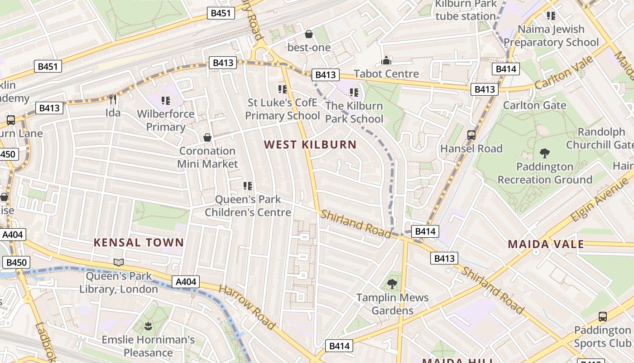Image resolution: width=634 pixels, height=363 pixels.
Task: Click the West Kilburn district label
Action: coord(310,145)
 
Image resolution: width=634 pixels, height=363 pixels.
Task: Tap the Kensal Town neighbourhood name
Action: coord(139,242)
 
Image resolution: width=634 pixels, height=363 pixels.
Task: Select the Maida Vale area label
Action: coord(546,244)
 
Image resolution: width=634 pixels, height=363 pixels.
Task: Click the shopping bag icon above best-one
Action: coord(309,34)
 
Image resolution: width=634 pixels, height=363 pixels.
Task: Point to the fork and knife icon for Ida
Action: coord(113,99)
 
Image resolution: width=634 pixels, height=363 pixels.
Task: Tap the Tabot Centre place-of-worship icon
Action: coord(386,60)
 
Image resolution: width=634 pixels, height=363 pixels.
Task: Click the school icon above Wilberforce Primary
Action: coord(165,100)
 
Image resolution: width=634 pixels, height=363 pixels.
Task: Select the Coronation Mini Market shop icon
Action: coord(207,137)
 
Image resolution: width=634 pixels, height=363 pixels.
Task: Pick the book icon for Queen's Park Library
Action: coord(119,263)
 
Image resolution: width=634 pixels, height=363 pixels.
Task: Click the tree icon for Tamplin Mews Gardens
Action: coord(392,285)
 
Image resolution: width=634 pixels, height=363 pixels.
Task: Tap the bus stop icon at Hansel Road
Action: coord(471,135)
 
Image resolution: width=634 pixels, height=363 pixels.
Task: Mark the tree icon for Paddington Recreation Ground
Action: coord(545,153)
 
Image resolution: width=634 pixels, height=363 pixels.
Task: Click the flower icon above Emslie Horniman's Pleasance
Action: coord(148,326)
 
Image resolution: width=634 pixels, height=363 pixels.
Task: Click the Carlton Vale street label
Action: coord(563,73)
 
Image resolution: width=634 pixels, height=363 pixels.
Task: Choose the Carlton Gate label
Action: coord(535,105)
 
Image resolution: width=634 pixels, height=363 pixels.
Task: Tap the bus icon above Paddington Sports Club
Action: coord(603,317)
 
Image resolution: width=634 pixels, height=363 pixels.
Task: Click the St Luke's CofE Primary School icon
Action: coord(283,89)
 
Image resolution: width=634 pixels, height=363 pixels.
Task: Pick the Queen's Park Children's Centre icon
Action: coord(248,186)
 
